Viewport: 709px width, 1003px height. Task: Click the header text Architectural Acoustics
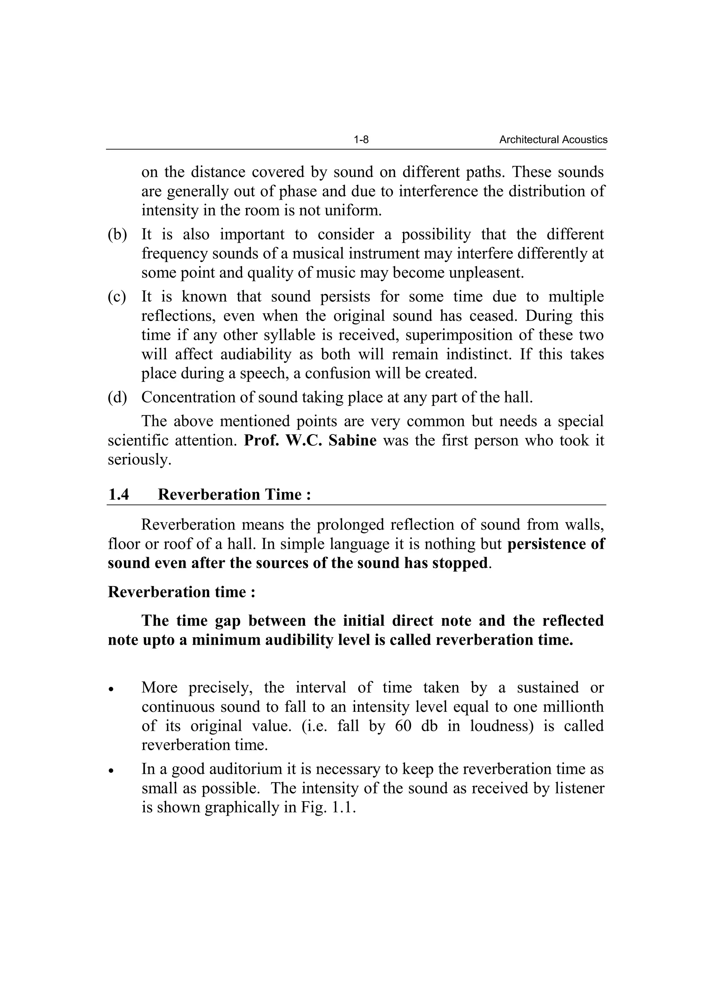click(x=553, y=140)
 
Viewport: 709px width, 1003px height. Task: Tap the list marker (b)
click(x=117, y=235)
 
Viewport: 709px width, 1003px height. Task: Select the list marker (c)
click(x=117, y=297)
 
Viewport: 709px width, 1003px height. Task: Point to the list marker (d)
click(x=117, y=397)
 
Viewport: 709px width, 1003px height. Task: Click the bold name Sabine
click(x=352, y=440)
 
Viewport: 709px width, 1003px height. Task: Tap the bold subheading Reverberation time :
click(x=181, y=592)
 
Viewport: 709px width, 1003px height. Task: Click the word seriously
click(x=139, y=459)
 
